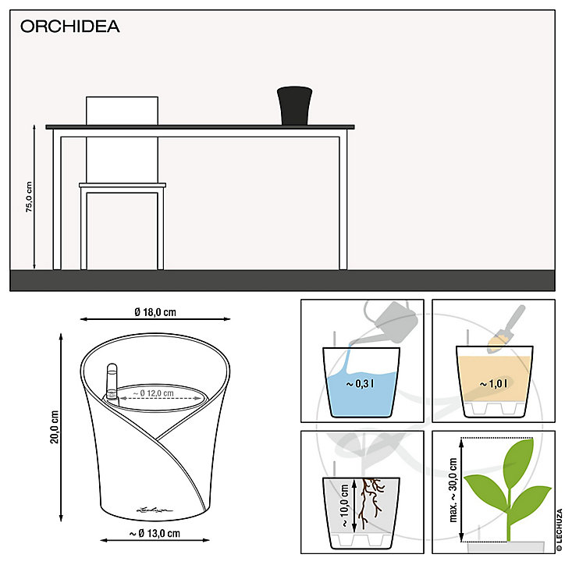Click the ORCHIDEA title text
(x=70, y=27)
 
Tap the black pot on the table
(x=294, y=105)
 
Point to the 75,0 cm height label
(x=29, y=197)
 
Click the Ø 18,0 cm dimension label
(x=155, y=312)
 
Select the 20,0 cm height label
(x=55, y=427)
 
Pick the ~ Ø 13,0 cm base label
(x=155, y=533)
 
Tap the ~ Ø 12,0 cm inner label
(x=154, y=393)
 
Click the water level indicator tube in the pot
(x=112, y=382)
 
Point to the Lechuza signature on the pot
(x=155, y=510)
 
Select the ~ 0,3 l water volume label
(x=360, y=384)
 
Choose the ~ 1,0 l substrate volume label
(x=494, y=384)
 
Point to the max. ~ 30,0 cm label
(x=453, y=490)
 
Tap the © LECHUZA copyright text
(x=560, y=530)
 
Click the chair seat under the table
(x=123, y=185)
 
